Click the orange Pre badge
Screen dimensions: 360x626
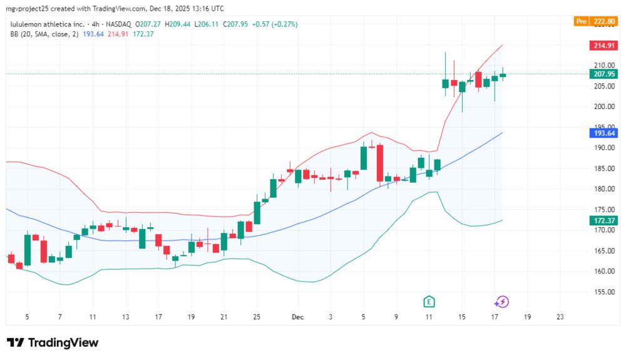point(582,21)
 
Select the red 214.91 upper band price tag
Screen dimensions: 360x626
point(604,46)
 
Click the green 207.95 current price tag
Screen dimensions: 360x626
point(604,74)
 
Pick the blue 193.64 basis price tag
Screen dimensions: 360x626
point(604,133)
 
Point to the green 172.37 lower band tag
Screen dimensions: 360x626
point(604,220)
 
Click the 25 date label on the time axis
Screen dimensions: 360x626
point(256,317)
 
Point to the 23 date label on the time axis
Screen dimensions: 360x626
point(560,317)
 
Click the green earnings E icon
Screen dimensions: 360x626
point(429,302)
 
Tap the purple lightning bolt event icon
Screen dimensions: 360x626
point(501,302)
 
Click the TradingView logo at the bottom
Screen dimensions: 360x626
point(53,342)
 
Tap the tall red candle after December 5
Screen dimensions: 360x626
point(380,163)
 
